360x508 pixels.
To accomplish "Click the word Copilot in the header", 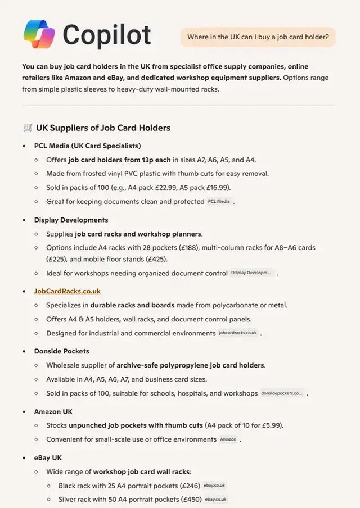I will coord(107,34).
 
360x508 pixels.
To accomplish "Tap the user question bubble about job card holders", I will coord(258,37).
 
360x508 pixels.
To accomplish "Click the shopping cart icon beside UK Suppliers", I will coord(28,128).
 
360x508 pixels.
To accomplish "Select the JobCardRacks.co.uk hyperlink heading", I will coord(67,291).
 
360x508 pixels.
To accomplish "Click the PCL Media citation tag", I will coord(219,201).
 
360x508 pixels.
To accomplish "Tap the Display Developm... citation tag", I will coord(252,273).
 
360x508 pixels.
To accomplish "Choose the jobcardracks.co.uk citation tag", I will coord(238,333).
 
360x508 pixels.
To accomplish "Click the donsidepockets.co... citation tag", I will coord(282,393).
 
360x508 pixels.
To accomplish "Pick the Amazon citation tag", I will coord(228,439).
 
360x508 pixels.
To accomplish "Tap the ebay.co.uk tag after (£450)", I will coord(215,499).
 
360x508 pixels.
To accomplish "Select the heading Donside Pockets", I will coord(61,351).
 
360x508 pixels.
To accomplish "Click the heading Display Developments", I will coord(71,220).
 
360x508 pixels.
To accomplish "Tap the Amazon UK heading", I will coord(53,412).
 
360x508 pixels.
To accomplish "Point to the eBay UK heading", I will coord(48,458).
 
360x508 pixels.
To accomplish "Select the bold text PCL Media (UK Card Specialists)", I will coord(87,146).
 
